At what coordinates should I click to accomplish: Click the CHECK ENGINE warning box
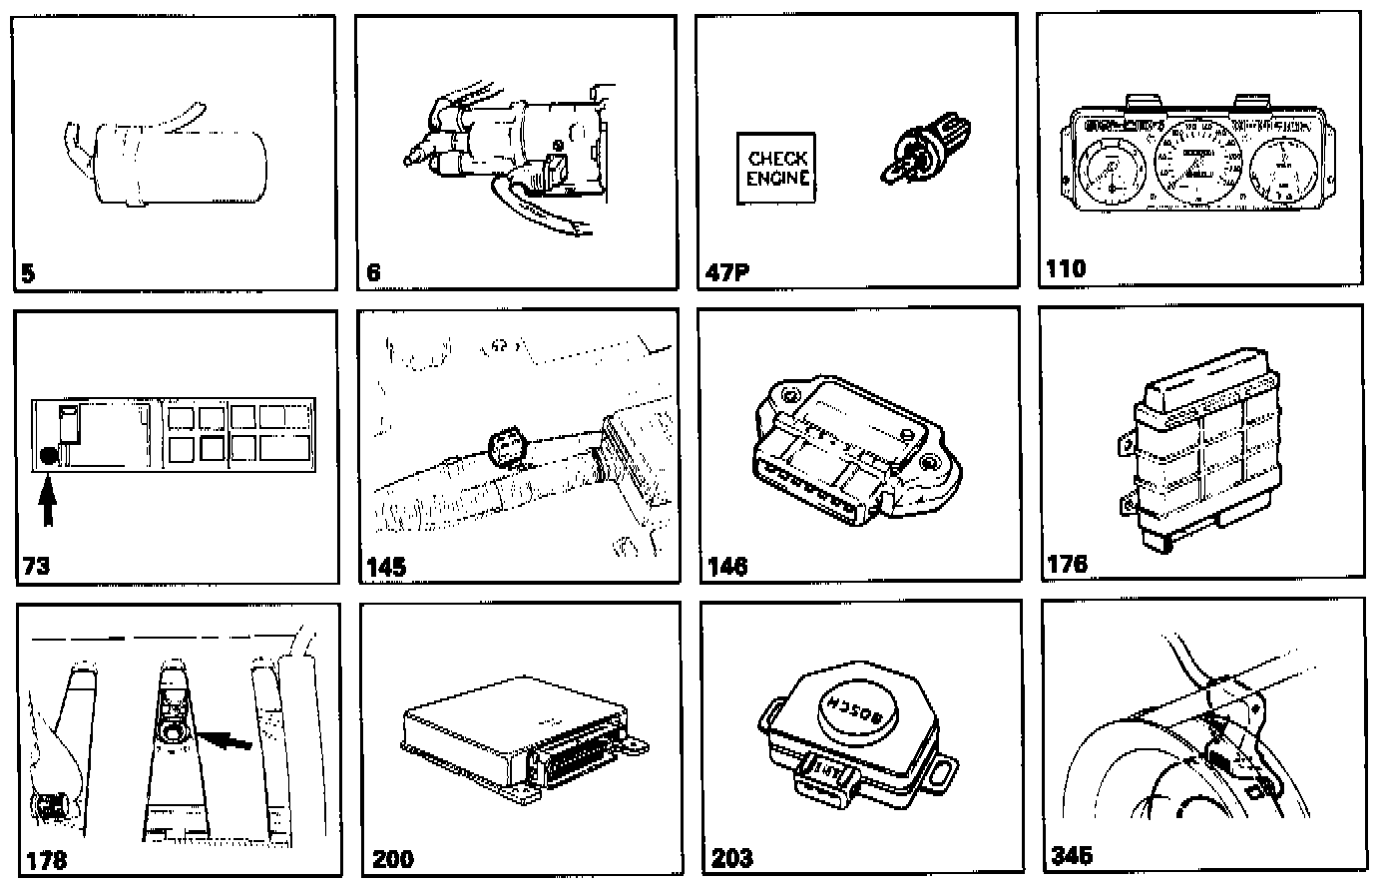coord(776,169)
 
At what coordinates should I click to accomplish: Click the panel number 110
coord(1066,267)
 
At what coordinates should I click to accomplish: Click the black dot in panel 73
coord(48,458)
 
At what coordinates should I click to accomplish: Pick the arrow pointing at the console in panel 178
coord(226,739)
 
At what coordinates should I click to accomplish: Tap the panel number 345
coord(1072,856)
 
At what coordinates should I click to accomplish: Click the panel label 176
coord(1067,565)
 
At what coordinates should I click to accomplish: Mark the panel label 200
coord(392,858)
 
